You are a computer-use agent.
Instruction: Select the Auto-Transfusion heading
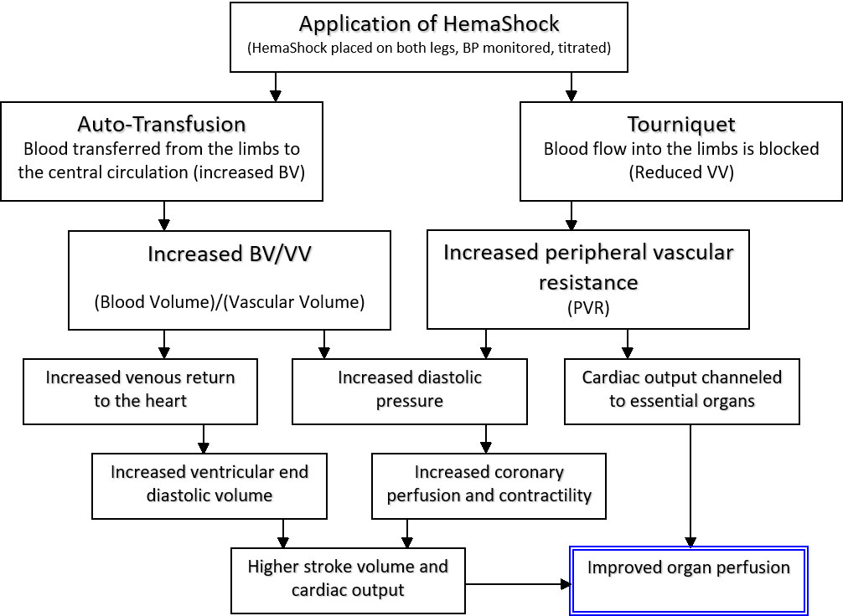coord(162,125)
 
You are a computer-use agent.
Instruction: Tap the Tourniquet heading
coord(681,125)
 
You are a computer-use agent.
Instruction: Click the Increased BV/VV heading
coord(229,254)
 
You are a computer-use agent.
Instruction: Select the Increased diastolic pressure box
coord(410,389)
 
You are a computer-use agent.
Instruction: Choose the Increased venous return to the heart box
coord(141,389)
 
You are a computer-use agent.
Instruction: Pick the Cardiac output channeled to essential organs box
coord(681,389)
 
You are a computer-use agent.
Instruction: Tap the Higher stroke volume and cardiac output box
coord(348,578)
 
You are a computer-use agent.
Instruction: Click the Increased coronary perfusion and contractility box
coord(489,484)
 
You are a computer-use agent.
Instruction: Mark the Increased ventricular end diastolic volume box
coord(209,484)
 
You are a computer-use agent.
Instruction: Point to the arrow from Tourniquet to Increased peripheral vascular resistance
coord(571,216)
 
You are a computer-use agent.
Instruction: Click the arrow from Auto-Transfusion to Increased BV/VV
coord(164,216)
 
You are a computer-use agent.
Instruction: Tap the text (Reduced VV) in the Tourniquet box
coord(680,172)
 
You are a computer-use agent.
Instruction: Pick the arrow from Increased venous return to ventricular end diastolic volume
coord(203,439)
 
